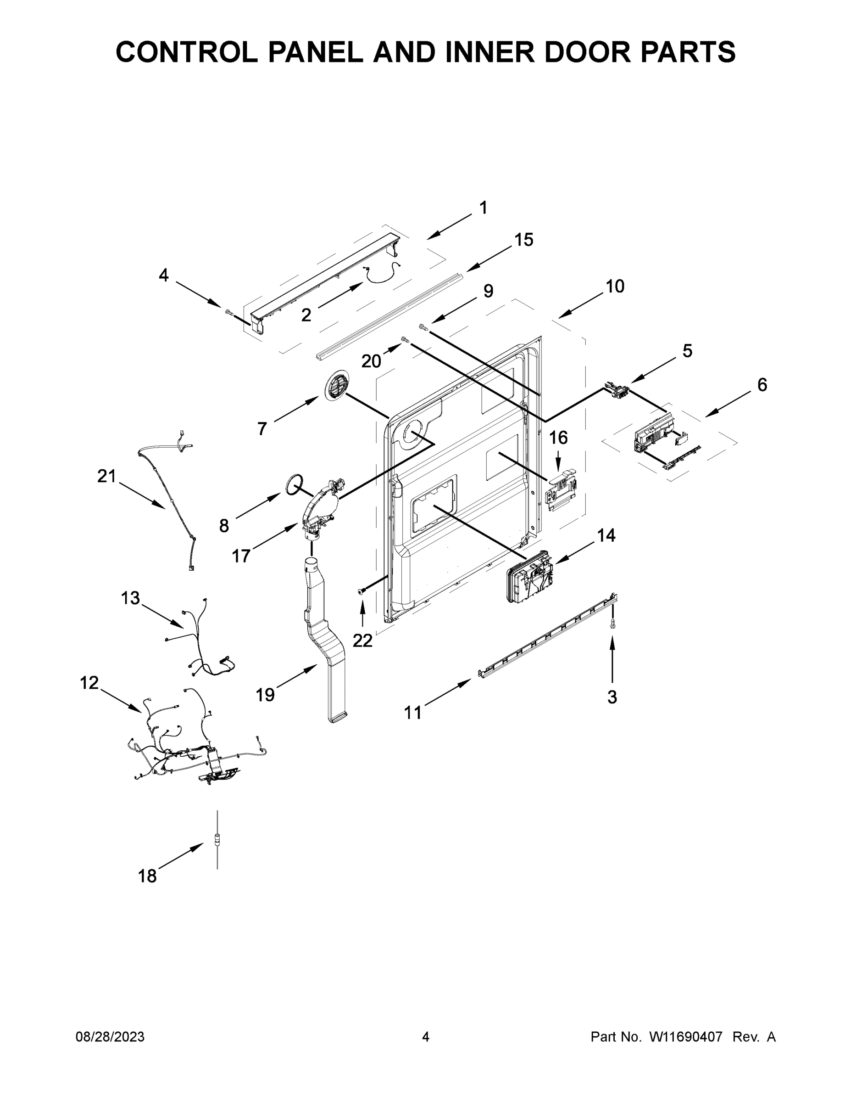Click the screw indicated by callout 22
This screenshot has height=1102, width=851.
362,591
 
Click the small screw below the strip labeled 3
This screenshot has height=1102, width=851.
613,624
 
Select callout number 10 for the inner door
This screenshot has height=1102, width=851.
615,286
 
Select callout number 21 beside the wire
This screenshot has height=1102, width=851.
106,476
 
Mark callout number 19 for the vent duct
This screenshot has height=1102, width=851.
265,695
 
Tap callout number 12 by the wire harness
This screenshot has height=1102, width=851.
89,683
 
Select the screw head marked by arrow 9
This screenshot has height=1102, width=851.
423,327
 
